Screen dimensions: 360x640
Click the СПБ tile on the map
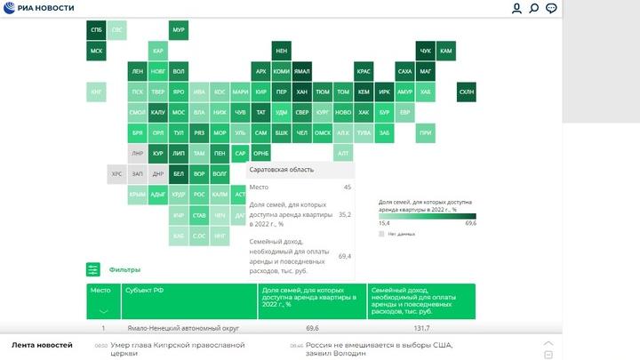96,30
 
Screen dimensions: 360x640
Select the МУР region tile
179,30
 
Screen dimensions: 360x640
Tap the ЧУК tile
425,51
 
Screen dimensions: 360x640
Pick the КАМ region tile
446,51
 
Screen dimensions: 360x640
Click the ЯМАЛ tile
302,71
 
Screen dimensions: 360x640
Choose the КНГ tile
96,92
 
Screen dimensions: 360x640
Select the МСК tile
96,51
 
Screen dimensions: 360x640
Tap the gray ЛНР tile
137,153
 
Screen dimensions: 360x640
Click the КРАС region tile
364,71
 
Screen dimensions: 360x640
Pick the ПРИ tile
426,132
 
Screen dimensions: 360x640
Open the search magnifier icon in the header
534,8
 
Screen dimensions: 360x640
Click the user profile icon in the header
516,8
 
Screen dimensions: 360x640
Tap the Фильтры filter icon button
93,269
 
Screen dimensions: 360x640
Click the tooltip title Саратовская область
281,169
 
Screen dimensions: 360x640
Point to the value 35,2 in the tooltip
345,215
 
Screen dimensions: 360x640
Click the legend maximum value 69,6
470,223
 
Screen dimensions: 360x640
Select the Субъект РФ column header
144,290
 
